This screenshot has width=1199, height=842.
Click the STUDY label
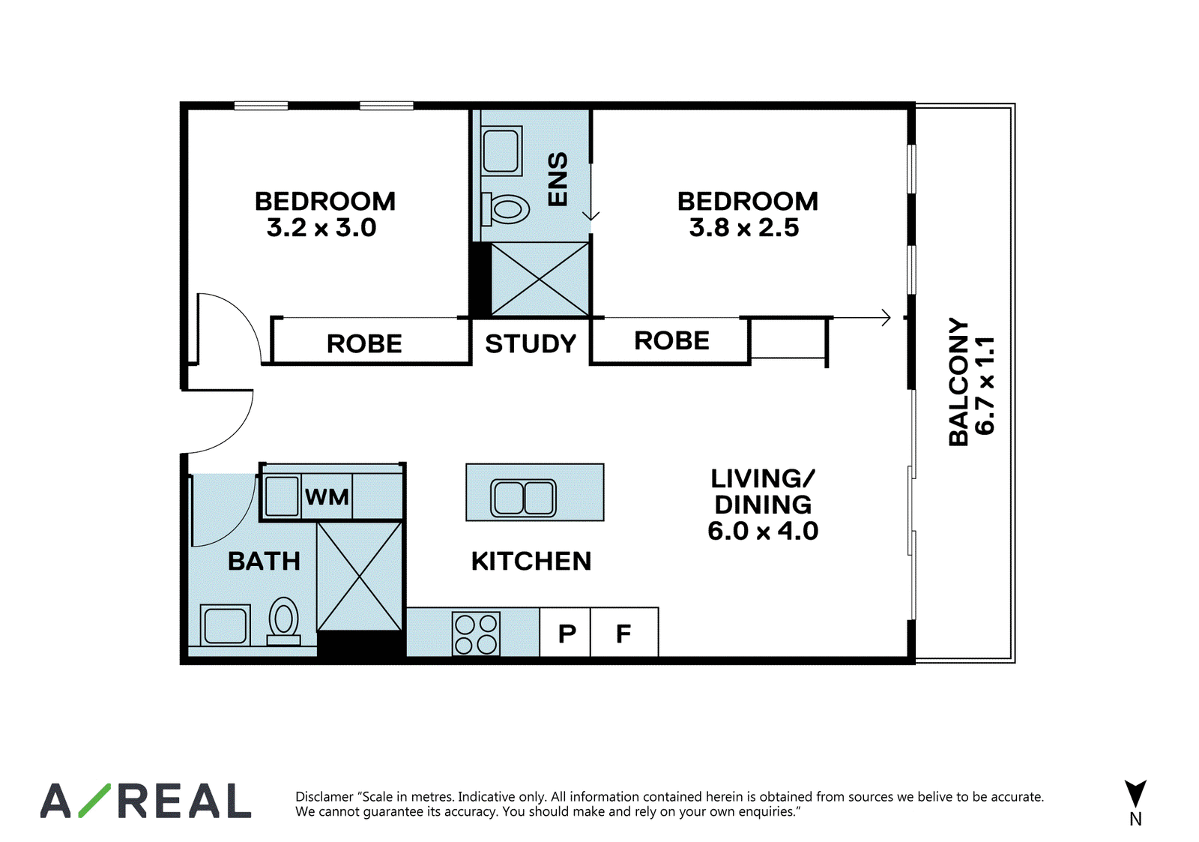531,344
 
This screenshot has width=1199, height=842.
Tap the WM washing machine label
327,497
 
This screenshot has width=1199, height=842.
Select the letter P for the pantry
567,634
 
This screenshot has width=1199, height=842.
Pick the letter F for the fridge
623,634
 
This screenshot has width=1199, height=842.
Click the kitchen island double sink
524,498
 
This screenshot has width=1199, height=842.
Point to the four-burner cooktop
476,634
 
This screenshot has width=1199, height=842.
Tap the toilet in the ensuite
505,209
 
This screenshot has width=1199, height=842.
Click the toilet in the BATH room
284,622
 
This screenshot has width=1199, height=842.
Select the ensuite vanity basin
501,151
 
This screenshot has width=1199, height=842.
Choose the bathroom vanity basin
226,625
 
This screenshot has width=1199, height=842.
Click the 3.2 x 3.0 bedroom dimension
321,228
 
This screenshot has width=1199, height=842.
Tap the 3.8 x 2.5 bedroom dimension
744,228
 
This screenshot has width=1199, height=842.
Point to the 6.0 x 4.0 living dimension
764,531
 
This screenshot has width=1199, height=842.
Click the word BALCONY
958,382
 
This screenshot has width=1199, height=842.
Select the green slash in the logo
95,800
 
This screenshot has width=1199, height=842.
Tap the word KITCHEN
531,562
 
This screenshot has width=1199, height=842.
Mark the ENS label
558,179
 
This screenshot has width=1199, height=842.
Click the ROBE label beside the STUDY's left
364,344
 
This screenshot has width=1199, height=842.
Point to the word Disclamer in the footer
324,796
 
